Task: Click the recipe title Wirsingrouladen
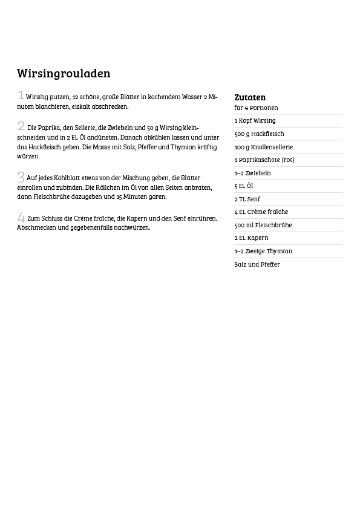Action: pos(64,74)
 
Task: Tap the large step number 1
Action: pos(21,96)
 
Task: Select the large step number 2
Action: pos(21,126)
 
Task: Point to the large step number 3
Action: pos(21,177)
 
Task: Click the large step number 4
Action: pos(21,218)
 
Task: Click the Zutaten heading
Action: pos(250,97)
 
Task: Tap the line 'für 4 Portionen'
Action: pos(256,108)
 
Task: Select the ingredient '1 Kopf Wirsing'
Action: pos(255,121)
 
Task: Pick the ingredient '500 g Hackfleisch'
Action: pos(259,134)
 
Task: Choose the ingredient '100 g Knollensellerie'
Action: pos(263,147)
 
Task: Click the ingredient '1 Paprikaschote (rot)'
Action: pos(264,160)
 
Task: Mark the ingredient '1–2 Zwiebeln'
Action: pos(252,173)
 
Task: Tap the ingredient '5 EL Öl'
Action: pos(243,186)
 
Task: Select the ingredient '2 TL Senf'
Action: pos(247,199)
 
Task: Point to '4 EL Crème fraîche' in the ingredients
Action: pos(261,212)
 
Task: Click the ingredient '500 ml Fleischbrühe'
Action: pos(263,225)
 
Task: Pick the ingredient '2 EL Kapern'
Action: pos(251,238)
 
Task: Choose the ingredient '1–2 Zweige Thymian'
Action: pos(263,251)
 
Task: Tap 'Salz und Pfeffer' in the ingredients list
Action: pos(257,264)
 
